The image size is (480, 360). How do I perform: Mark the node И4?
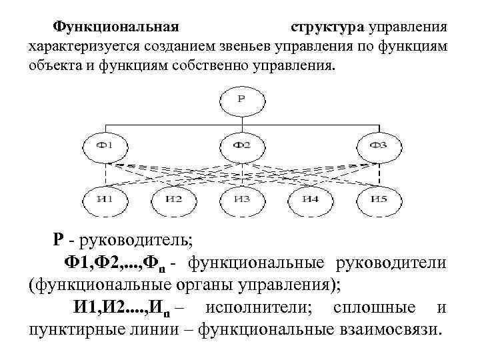(x=309, y=198)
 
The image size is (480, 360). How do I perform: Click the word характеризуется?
(x=80, y=47)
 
